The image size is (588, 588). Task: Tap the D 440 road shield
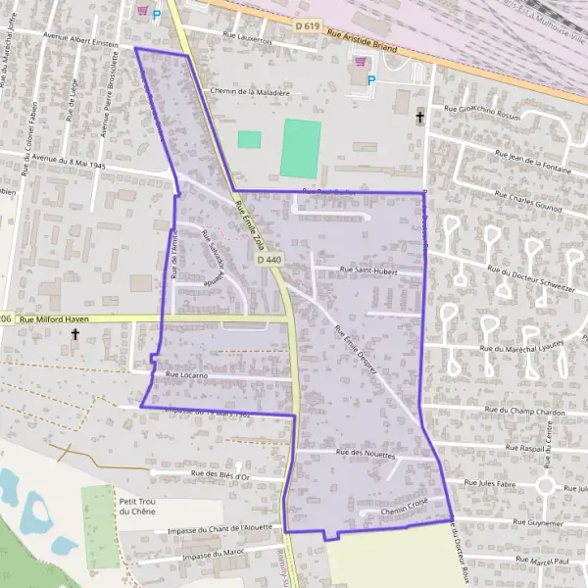269,260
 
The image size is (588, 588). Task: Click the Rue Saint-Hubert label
367,269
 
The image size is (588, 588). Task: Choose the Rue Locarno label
184,375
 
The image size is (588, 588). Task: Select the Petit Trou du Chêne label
137,505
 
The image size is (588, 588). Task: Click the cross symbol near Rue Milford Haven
75,335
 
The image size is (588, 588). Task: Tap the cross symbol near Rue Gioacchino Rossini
420,117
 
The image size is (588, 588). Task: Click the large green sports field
301,148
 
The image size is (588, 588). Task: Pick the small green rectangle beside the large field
249,139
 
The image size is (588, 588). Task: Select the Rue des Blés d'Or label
220,475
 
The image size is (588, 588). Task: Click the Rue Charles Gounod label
527,208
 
